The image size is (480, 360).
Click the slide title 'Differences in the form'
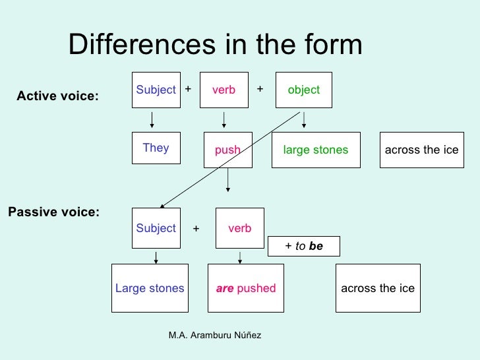click(x=215, y=45)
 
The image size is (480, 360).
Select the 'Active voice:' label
click(x=57, y=97)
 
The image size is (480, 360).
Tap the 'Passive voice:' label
click(x=53, y=212)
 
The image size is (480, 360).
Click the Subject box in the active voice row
click(x=156, y=90)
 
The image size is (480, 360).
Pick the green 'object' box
click(x=303, y=90)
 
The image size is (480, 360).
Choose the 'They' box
click(x=156, y=148)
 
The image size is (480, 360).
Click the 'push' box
click(x=227, y=150)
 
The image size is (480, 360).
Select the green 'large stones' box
click(x=316, y=150)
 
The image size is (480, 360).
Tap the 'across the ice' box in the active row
click(x=421, y=150)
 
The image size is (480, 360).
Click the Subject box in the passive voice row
click(x=156, y=228)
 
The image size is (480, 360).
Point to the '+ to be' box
click(x=304, y=246)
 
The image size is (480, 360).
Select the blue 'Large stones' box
click(x=150, y=288)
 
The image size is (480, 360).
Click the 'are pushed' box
click(x=246, y=288)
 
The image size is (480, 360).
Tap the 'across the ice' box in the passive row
click(x=378, y=288)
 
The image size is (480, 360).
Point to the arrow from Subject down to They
click(x=152, y=120)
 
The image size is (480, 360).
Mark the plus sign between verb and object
click(x=260, y=88)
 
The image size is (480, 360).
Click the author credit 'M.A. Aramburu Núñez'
click(x=215, y=336)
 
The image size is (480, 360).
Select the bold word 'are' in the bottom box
click(x=225, y=288)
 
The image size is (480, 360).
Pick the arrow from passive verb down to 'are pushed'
click(x=240, y=256)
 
